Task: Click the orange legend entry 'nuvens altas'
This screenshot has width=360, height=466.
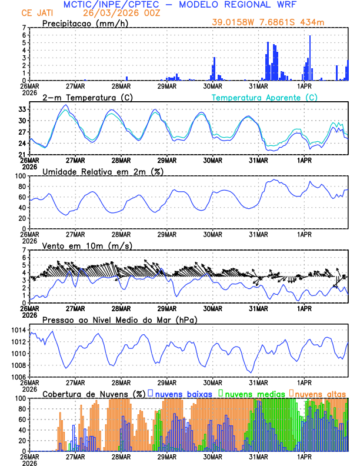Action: (321, 393)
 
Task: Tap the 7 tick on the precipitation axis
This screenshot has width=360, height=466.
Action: (24, 28)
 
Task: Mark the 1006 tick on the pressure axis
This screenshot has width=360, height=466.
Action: (18, 377)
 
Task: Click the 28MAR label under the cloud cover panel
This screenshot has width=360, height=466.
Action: (121, 456)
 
